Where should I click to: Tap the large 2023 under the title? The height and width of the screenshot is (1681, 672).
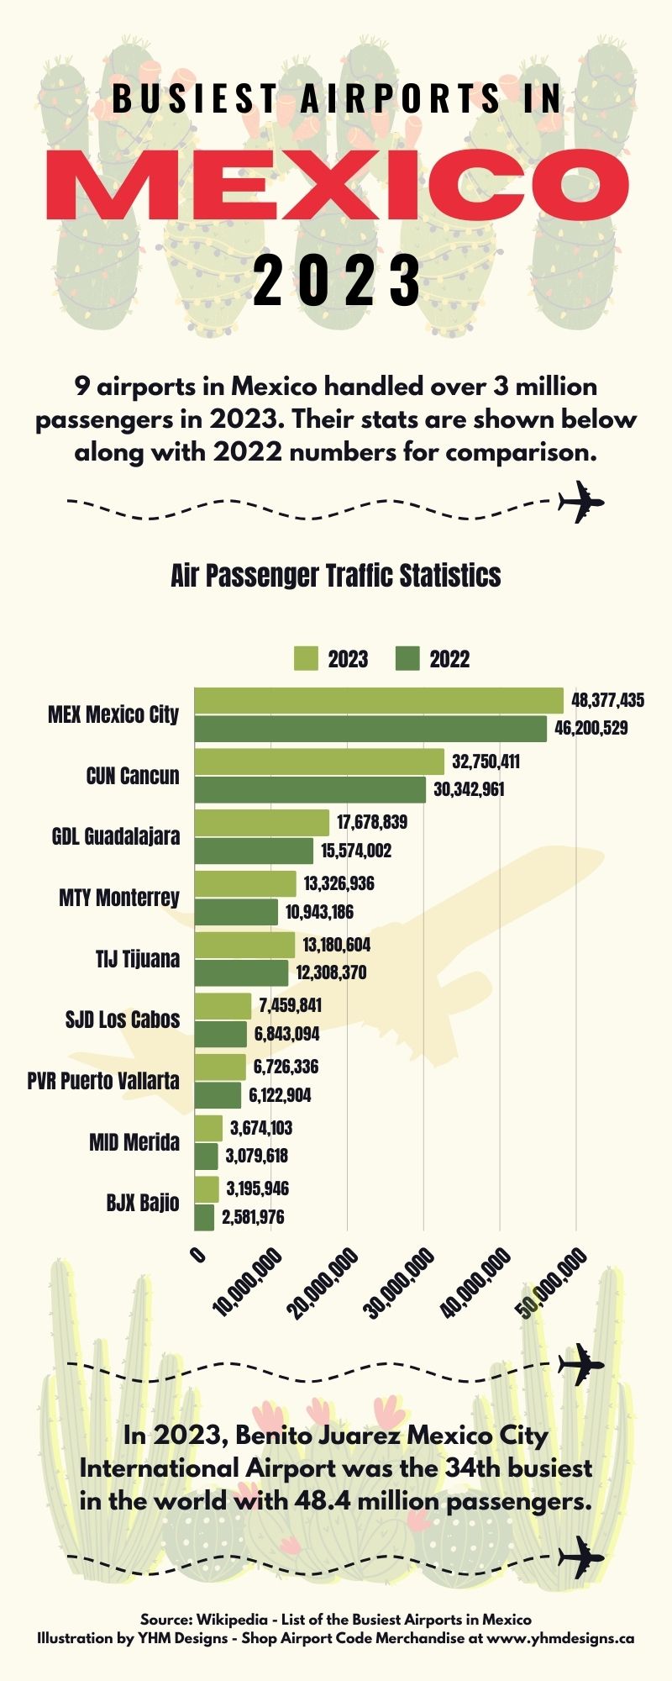pos(337,280)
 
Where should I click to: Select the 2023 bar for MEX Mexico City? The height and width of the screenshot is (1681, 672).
pos(379,700)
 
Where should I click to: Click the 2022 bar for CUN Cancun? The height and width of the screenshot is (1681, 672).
pos(310,790)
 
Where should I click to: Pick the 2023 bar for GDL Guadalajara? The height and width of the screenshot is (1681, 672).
pos(262,822)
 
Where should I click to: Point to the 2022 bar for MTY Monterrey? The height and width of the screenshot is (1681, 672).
pos(236,912)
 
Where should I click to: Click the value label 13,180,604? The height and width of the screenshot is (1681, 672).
pos(336,945)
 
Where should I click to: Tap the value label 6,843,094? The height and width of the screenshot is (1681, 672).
pos(286,1034)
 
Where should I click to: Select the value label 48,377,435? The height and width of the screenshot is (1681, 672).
pos(607,700)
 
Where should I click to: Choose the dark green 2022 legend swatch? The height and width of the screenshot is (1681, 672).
pos(407,659)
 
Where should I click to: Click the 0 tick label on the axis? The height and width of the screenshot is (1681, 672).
pos(199,1256)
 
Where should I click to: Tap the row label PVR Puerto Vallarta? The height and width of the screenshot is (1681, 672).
pos(103,1081)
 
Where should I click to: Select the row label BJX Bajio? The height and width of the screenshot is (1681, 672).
pos(142,1203)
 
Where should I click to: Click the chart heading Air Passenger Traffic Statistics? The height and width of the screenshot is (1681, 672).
pos(336,576)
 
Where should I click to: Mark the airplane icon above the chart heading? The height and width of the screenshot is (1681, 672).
pos(581,502)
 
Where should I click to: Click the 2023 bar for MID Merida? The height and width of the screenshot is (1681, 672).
pos(208,1128)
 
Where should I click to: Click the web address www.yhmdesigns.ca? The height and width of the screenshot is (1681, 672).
pos(560,1638)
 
